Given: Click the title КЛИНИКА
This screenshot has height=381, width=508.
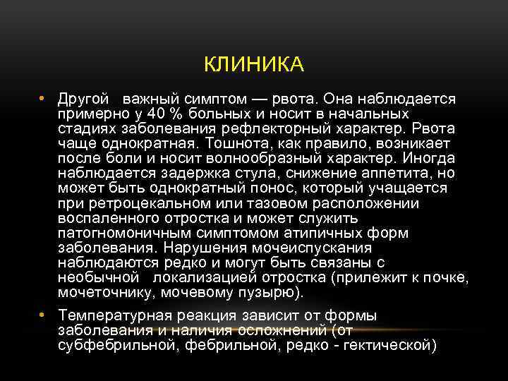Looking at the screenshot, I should pyautogui.click(x=254, y=65).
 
